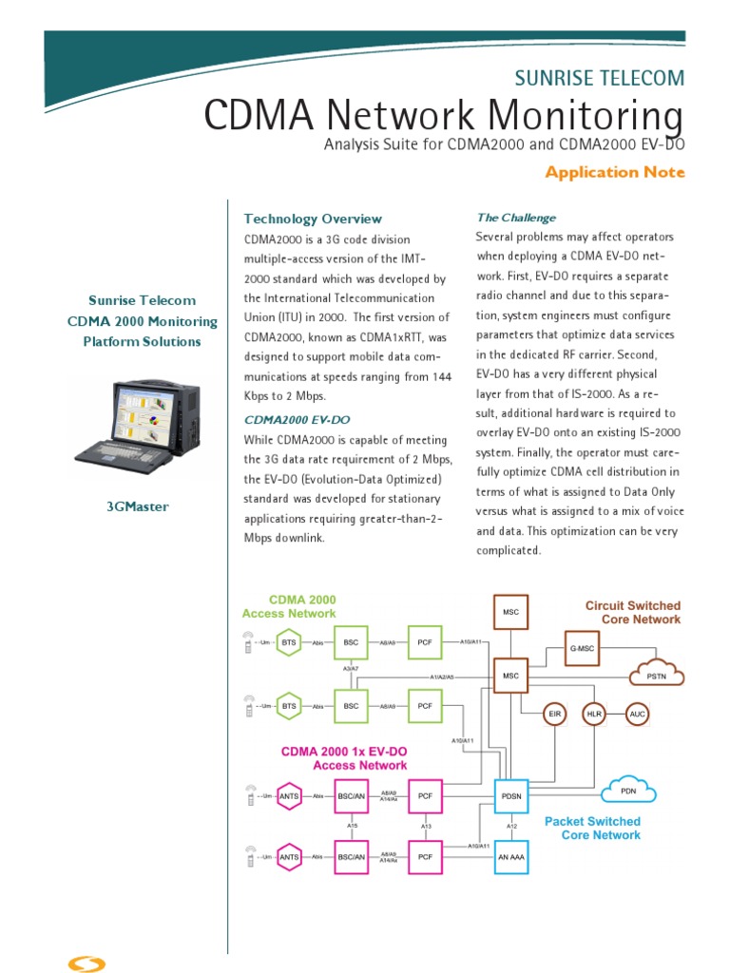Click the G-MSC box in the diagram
point(583,647)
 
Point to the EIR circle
point(554,714)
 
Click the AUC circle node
point(637,714)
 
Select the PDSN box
point(511,796)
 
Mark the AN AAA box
point(511,856)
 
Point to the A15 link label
point(351,826)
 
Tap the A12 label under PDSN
point(511,826)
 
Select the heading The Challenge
point(515,218)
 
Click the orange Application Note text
point(614,172)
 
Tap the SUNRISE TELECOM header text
point(611,78)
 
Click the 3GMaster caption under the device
point(137,506)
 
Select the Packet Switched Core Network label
point(592,828)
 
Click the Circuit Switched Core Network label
point(632,612)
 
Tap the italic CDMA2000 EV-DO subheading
point(297,418)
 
